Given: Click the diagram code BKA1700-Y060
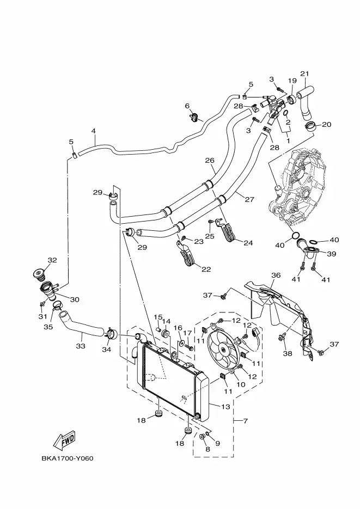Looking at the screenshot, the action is [x=67, y=458].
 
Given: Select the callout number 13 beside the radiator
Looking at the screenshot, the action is [x=225, y=407].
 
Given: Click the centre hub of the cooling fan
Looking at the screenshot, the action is [x=223, y=349].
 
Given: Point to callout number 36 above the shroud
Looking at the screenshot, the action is [x=276, y=275].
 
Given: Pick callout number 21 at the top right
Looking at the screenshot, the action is [x=304, y=74].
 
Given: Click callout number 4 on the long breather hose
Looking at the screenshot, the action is [x=94, y=131].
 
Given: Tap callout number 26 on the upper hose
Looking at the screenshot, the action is [x=210, y=161].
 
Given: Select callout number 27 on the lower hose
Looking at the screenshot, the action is [x=249, y=199].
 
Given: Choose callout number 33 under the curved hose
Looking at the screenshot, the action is [x=81, y=346].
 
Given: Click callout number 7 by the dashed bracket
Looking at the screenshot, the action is [x=246, y=421].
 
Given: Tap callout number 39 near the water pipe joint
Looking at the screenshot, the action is [x=332, y=254].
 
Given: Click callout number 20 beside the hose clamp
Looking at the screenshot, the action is [x=326, y=125].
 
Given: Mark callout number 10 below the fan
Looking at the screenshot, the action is [x=241, y=385].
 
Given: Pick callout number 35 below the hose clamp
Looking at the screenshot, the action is [x=48, y=327].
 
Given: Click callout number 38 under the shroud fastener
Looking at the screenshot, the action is [x=288, y=353].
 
